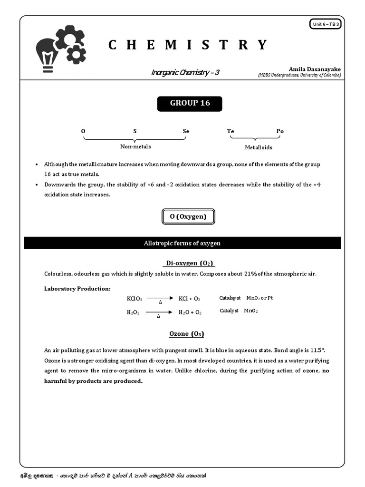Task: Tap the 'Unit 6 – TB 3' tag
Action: pyautogui.click(x=326, y=24)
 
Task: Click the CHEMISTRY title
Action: pyautogui.click(x=188, y=45)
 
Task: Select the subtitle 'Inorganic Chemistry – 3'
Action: pyautogui.click(x=185, y=73)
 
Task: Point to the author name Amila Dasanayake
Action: pyautogui.click(x=315, y=69)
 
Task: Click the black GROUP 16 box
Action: pyautogui.click(x=190, y=103)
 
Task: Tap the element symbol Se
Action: pyautogui.click(x=186, y=131)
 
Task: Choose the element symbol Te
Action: pyautogui.click(x=231, y=131)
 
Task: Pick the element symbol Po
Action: pyautogui.click(x=280, y=131)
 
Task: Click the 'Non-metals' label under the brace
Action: pyautogui.click(x=135, y=146)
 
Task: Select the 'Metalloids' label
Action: pyautogui.click(x=259, y=147)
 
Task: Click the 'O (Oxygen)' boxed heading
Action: pyautogui.click(x=188, y=217)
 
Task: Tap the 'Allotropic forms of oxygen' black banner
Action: pyautogui.click(x=182, y=243)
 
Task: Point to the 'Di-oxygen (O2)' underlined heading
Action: pyautogui.click(x=189, y=263)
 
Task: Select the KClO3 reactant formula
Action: pyautogui.click(x=134, y=299)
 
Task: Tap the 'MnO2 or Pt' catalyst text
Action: pyautogui.click(x=259, y=298)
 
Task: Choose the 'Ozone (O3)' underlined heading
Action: pyautogui.click(x=187, y=334)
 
